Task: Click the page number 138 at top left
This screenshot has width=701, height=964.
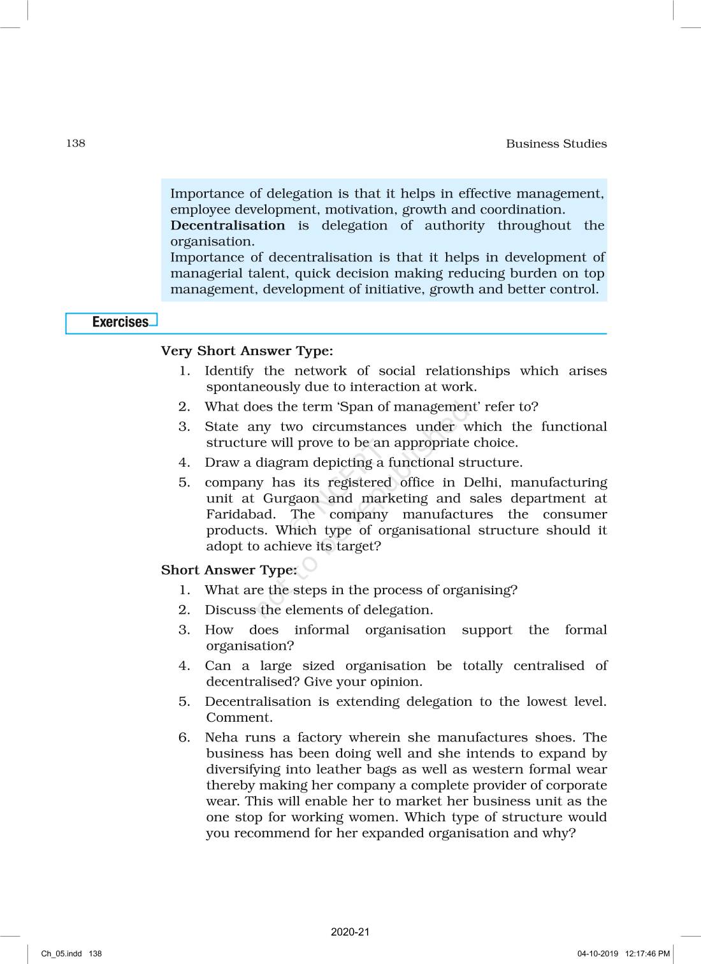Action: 75,143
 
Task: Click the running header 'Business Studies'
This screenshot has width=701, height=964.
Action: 556,143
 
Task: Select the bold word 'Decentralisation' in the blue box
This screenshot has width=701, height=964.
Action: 228,226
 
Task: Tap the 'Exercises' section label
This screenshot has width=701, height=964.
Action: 120,322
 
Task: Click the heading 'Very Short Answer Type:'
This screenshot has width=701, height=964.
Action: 247,351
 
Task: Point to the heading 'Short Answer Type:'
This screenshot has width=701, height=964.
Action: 229,570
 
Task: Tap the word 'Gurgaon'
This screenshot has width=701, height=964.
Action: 291,499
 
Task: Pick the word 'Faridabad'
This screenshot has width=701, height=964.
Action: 240,515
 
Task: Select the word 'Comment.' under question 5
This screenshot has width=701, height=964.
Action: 239,718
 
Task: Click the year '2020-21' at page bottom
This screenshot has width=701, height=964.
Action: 350,932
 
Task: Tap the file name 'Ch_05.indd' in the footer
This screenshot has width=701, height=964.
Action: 61,954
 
